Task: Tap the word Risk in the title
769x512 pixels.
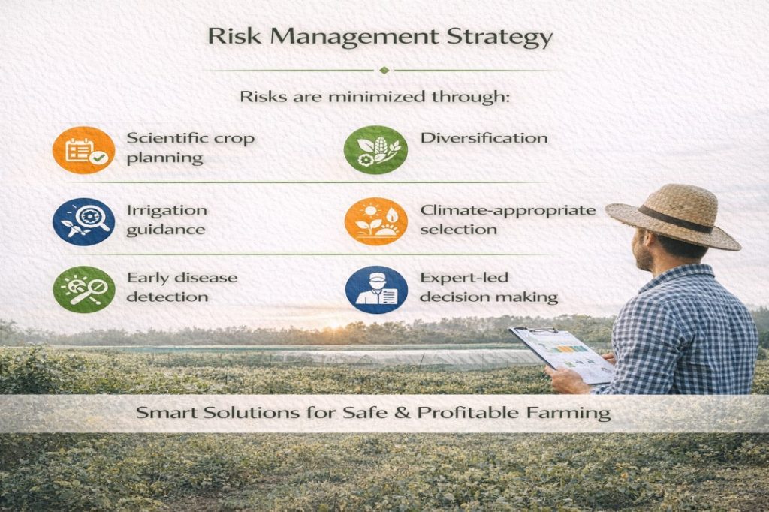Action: pyautogui.click(x=234, y=36)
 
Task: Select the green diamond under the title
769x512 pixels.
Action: pyautogui.click(x=384, y=70)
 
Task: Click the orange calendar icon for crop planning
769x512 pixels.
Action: pyautogui.click(x=84, y=150)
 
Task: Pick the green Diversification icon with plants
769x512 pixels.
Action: pyautogui.click(x=375, y=150)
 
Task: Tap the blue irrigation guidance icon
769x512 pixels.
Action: pyautogui.click(x=84, y=221)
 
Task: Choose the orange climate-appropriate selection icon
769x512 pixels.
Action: pyautogui.click(x=376, y=221)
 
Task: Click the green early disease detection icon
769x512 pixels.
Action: pyautogui.click(x=84, y=289)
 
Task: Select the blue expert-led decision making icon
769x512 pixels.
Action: pyautogui.click(x=377, y=289)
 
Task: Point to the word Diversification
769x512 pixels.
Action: pyautogui.click(x=484, y=138)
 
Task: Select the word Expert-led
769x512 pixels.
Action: pyautogui.click(x=464, y=278)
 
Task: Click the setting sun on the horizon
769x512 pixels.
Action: pyautogui.click(x=336, y=324)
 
